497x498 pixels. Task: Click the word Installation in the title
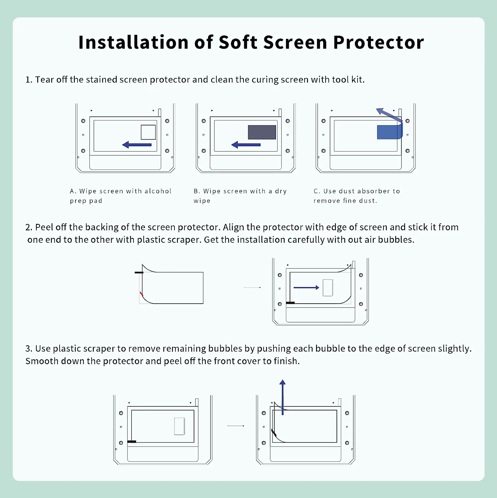133,43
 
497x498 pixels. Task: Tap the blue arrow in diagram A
137,145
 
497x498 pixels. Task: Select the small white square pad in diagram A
148,132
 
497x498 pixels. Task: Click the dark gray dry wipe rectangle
262,132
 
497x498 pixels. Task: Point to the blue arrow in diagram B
246,145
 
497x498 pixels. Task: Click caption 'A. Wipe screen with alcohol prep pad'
120,196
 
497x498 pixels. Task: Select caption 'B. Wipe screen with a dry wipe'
240,196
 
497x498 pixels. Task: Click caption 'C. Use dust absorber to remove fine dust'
357,196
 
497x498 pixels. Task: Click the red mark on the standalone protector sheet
141,294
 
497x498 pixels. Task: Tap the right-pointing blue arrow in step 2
306,287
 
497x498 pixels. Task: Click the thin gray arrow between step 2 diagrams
252,287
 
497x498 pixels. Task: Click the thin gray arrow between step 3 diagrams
236,426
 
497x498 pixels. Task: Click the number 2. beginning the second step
29,227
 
